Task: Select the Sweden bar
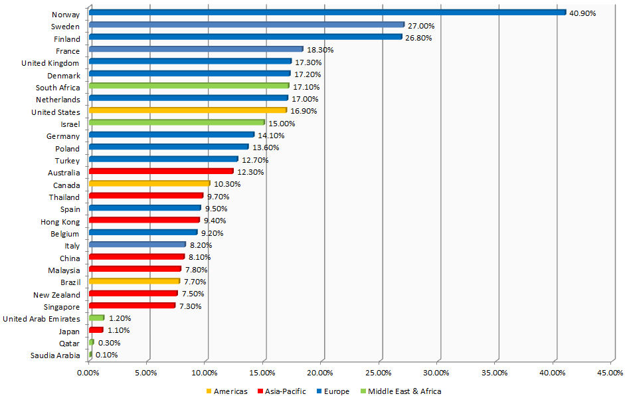click(x=246, y=25)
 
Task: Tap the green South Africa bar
click(x=189, y=86)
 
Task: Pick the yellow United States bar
click(x=187, y=110)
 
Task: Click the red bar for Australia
click(x=161, y=171)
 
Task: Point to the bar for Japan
click(x=96, y=330)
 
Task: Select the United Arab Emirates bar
click(x=96, y=318)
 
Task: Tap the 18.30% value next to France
click(x=319, y=50)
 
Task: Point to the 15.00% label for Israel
click(x=282, y=124)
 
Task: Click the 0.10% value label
click(x=106, y=355)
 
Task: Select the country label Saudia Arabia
click(x=55, y=355)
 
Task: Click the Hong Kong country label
click(x=60, y=221)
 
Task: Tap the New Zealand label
click(x=56, y=294)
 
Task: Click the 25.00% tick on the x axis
click(x=379, y=373)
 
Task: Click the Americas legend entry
click(x=228, y=391)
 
